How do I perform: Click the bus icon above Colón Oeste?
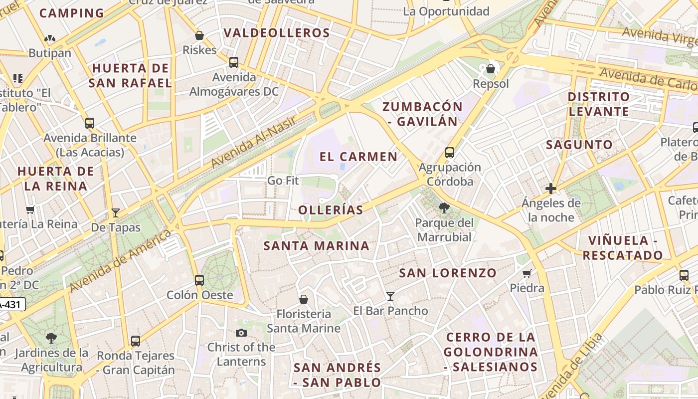pyautogui.click(x=199, y=280)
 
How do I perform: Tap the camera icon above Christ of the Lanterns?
pyautogui.click(x=241, y=333)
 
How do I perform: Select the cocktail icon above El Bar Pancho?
pyautogui.click(x=390, y=296)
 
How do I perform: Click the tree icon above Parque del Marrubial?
pyautogui.click(x=444, y=207)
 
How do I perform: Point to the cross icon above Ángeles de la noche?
pyautogui.click(x=551, y=189)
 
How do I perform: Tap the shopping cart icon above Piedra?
pyautogui.click(x=527, y=273)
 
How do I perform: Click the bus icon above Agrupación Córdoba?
pyautogui.click(x=450, y=153)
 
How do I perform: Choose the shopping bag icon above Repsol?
pyautogui.click(x=491, y=68)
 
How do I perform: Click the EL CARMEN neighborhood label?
pyautogui.click(x=358, y=157)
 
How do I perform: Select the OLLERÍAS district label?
pyautogui.click(x=331, y=210)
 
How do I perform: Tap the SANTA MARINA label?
pyautogui.click(x=316, y=246)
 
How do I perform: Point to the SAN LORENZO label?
pyautogui.click(x=448, y=273)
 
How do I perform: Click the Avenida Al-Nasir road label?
pyautogui.click(x=253, y=142)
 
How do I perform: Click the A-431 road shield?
pyautogui.click(x=11, y=304)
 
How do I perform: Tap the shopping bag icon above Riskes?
pyautogui.click(x=199, y=35)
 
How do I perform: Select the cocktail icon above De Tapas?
pyautogui.click(x=116, y=213)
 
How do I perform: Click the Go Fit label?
pyautogui.click(x=283, y=181)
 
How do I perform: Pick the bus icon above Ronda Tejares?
pyautogui.click(x=136, y=341)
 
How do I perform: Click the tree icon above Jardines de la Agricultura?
pyautogui.click(x=51, y=338)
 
